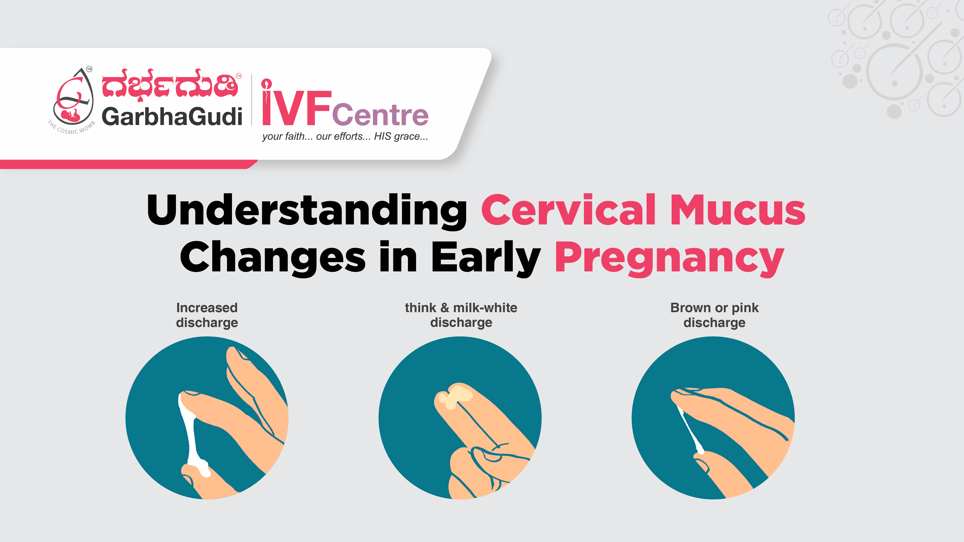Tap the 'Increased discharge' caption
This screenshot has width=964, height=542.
(207, 315)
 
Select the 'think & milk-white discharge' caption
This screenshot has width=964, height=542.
(461, 315)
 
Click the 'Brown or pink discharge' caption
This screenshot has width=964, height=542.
(714, 315)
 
